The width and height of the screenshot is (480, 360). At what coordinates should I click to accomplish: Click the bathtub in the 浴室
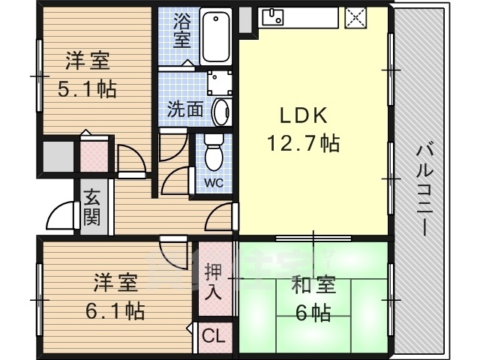click(216, 36)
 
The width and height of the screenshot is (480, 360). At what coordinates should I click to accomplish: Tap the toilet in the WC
click(214, 152)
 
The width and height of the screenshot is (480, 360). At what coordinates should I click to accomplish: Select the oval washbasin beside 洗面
click(221, 112)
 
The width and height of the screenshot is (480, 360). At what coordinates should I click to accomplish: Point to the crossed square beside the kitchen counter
click(355, 17)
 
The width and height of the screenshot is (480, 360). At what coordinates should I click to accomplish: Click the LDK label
click(304, 115)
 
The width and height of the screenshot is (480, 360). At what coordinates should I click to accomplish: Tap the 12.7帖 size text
click(303, 143)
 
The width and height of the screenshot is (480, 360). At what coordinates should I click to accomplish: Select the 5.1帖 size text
click(87, 89)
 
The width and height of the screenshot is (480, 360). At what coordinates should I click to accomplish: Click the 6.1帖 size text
click(115, 310)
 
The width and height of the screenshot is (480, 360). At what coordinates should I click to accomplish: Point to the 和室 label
click(313, 284)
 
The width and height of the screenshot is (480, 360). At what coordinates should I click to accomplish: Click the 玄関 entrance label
click(91, 207)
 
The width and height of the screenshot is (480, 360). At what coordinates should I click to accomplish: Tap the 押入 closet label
click(213, 281)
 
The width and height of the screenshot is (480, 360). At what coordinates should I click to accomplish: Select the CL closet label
click(213, 335)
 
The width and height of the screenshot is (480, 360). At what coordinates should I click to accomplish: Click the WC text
click(214, 183)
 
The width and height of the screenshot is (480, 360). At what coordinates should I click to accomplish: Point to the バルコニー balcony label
click(425, 190)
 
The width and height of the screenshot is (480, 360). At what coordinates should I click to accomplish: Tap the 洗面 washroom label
click(185, 109)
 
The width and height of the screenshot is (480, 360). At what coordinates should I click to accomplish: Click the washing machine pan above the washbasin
click(219, 82)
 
